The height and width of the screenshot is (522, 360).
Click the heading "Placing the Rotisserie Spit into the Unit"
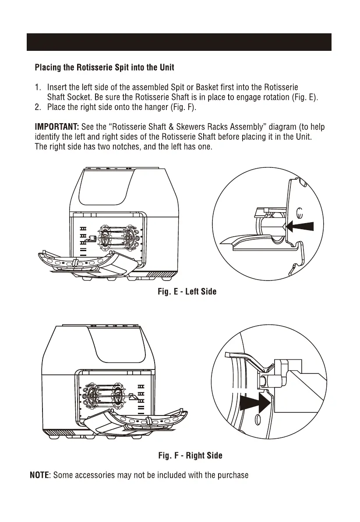pyautogui.click(x=104, y=68)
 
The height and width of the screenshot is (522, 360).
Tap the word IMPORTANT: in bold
pyautogui.click(x=56, y=127)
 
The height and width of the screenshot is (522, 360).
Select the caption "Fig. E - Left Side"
pyautogui.click(x=187, y=292)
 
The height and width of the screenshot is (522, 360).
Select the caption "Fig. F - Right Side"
pyautogui.click(x=190, y=456)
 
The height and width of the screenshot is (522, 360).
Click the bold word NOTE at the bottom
pyautogui.click(x=40, y=476)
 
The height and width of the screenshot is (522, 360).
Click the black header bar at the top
pyautogui.click(x=180, y=42)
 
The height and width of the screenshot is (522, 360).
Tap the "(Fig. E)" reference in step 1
pyautogui.click(x=304, y=97)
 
